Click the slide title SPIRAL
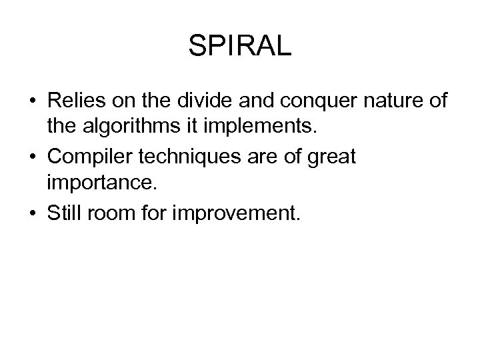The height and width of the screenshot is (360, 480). [x=240, y=47]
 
